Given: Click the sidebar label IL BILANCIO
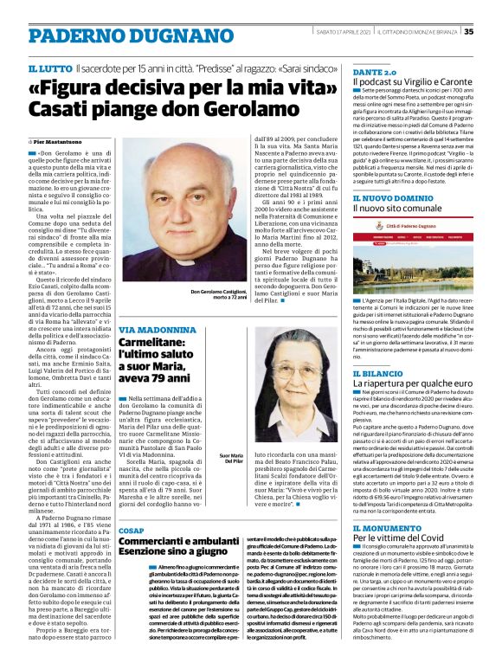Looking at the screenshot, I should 379,372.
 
